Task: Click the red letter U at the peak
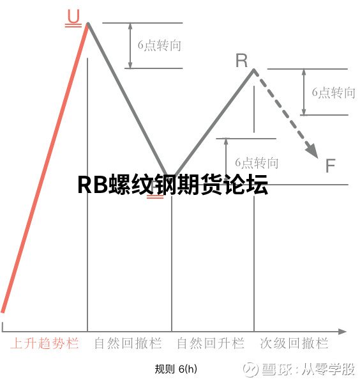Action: click(73, 16)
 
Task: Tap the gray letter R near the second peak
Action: click(241, 61)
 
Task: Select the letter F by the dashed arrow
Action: click(330, 166)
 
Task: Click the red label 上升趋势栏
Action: click(45, 343)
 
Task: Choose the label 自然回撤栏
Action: click(128, 343)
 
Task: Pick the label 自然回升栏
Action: click(211, 343)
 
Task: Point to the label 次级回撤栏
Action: click(294, 343)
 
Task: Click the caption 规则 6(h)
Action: click(176, 369)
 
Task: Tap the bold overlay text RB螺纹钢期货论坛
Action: click(172, 185)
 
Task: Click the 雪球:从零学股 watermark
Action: click(299, 369)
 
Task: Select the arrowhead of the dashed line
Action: click(312, 151)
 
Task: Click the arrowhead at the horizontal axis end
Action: click(342, 331)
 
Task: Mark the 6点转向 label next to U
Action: click(160, 45)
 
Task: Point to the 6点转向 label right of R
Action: click(333, 93)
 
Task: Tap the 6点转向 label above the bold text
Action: click(257, 163)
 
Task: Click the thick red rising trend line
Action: click(45, 167)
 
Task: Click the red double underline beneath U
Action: click(73, 25)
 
